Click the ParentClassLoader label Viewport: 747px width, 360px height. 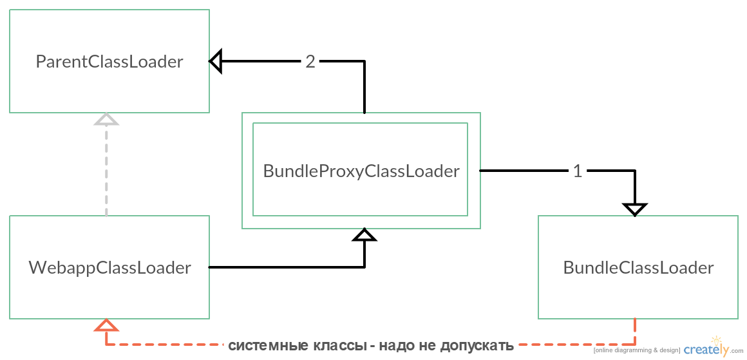(109, 62)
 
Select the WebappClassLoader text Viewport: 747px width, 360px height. (109, 268)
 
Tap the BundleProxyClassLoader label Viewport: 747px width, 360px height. (361, 171)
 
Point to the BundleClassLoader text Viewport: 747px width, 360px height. (638, 268)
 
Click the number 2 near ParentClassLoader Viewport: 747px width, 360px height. (310, 62)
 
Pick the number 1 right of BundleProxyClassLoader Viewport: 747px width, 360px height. (578, 171)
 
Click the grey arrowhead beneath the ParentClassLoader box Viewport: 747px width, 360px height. (106, 119)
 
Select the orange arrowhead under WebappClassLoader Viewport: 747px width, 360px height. (106, 325)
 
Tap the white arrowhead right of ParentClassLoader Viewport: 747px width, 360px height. (216, 61)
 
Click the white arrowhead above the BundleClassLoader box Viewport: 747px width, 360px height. (635, 209)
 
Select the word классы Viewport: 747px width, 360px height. (339, 346)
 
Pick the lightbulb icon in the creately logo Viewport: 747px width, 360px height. (716, 341)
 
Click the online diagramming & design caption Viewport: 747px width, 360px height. (636, 350)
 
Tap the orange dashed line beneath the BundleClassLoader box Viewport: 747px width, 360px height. (635, 332)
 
